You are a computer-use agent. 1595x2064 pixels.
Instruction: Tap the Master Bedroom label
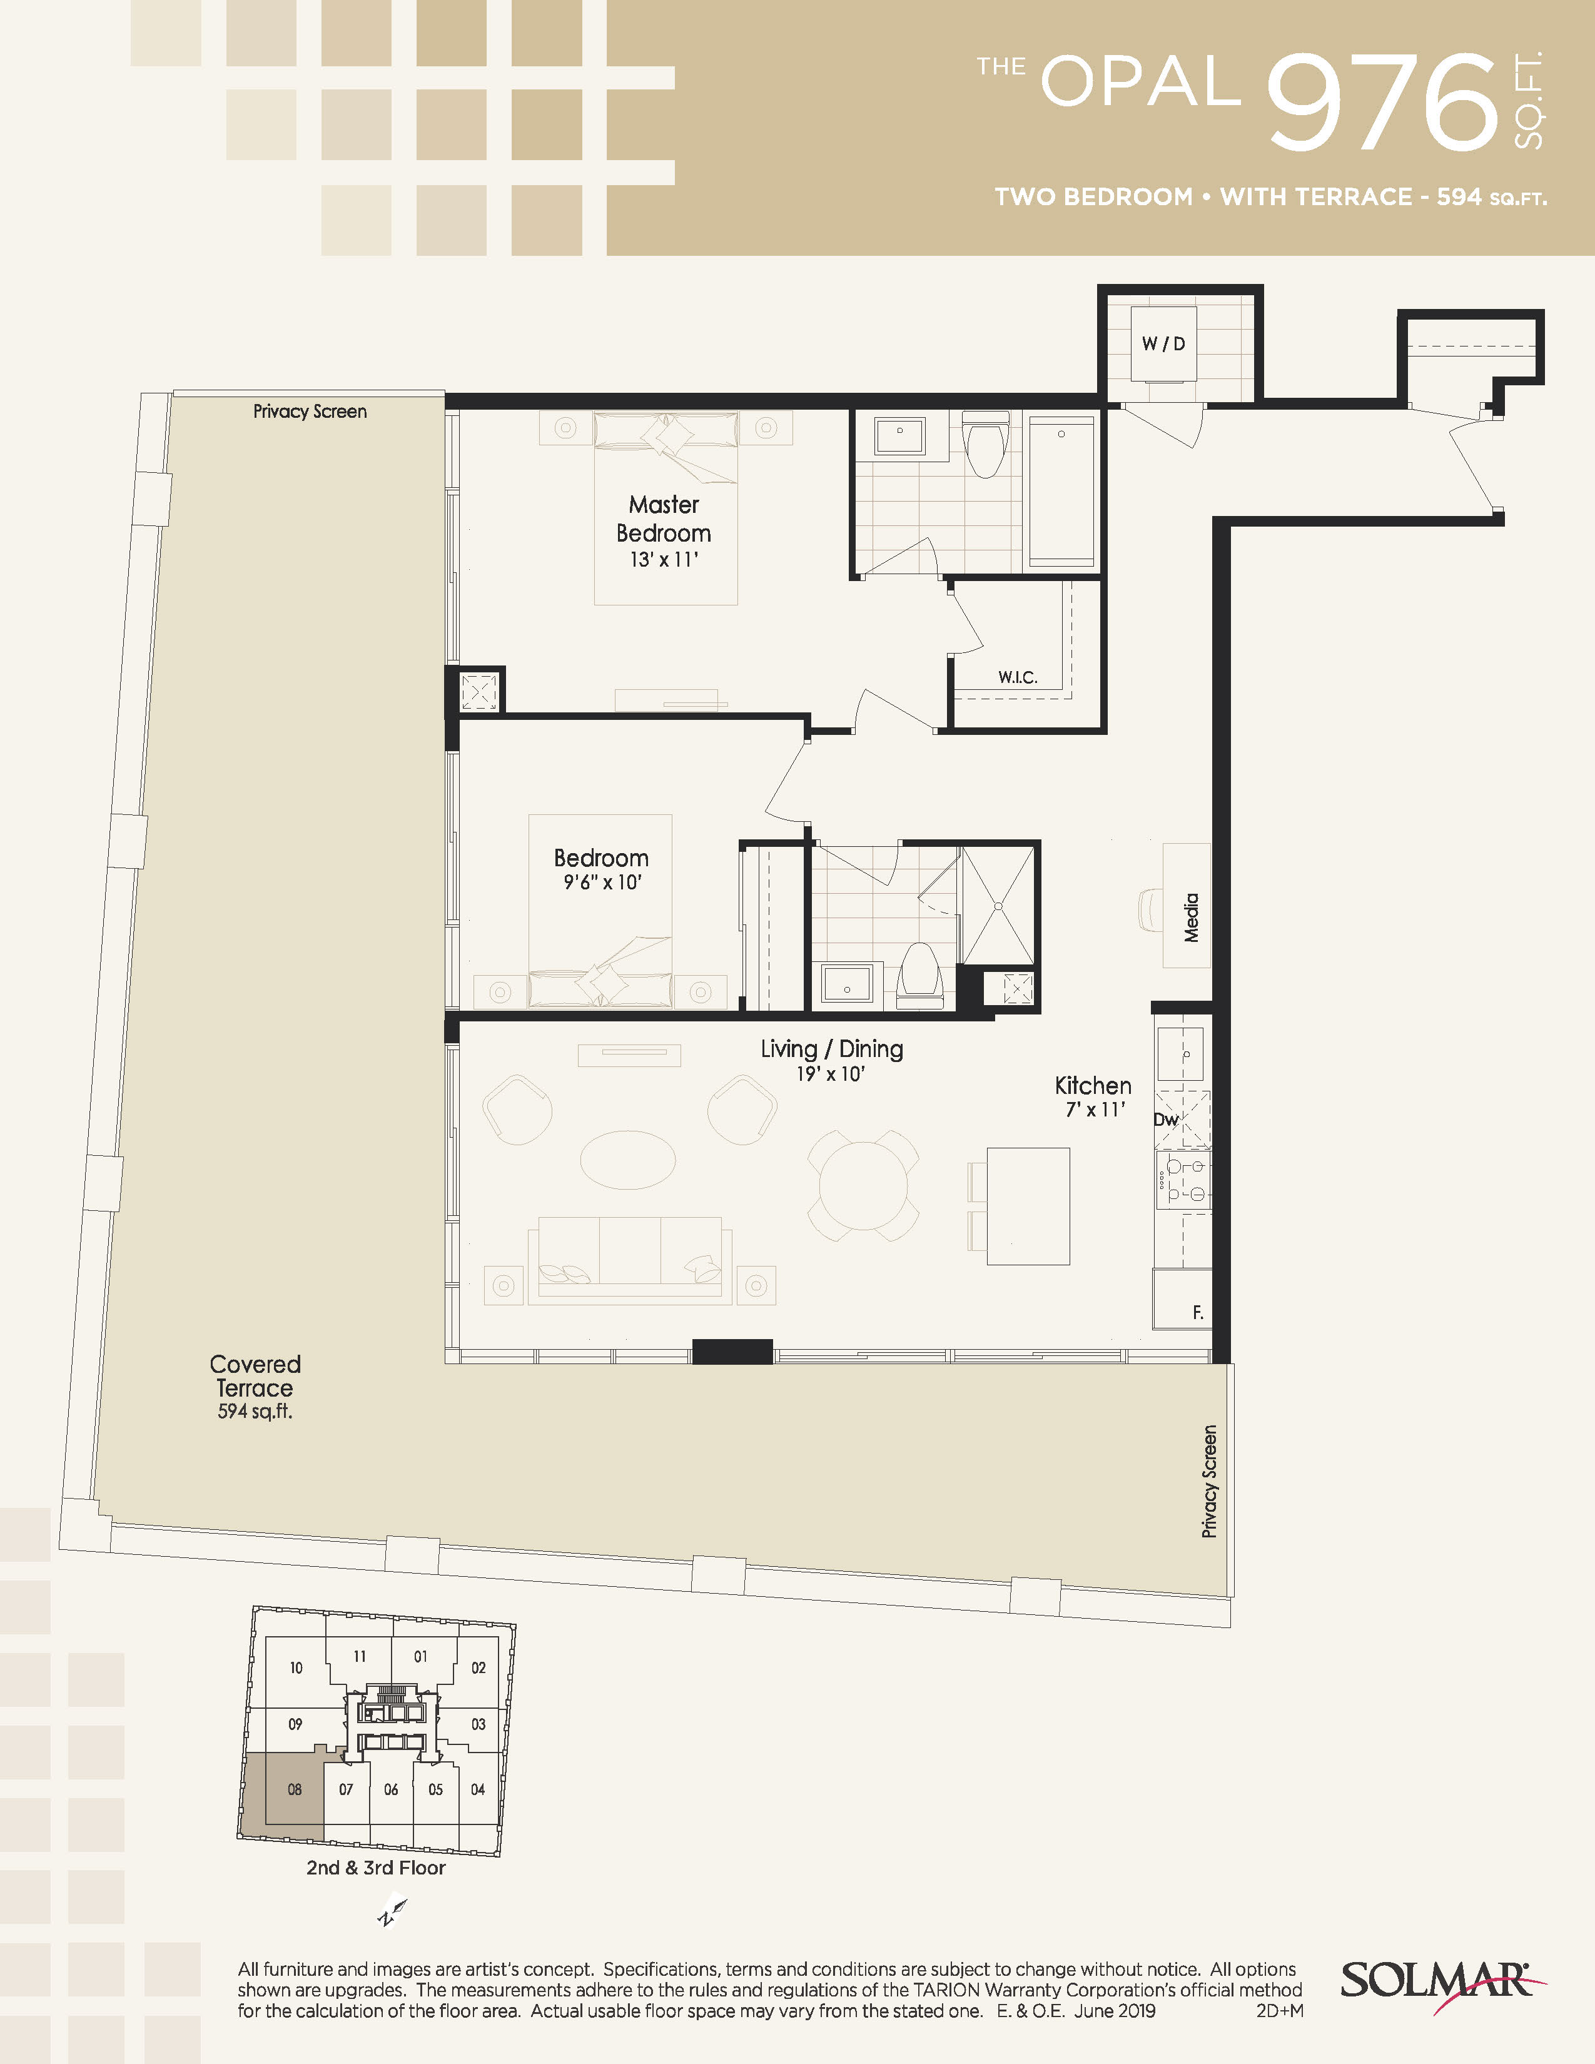tap(664, 519)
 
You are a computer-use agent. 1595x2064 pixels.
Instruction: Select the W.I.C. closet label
tap(1018, 677)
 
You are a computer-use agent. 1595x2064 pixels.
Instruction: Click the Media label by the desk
tap(1192, 918)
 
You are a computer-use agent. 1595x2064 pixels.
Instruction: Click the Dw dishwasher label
tap(1166, 1120)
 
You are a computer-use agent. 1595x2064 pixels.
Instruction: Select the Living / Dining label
tap(831, 1049)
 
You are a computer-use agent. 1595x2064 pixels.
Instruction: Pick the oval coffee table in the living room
tap(627, 1160)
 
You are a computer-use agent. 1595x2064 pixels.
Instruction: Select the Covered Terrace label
tap(255, 1387)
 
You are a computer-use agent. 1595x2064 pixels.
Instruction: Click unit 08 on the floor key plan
tap(295, 1789)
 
